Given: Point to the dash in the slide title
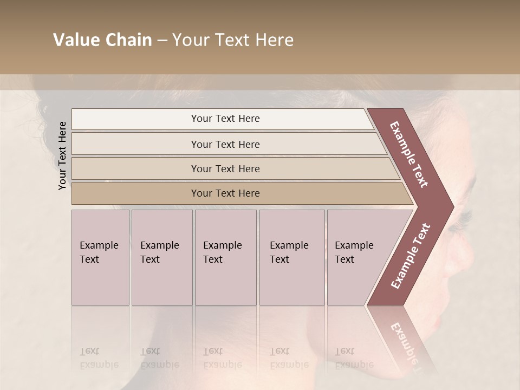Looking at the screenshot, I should click(x=162, y=41).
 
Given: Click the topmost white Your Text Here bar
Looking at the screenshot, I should click(x=225, y=119).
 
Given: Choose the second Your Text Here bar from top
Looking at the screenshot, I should click(x=225, y=144).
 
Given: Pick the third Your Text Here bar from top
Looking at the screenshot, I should click(x=225, y=168).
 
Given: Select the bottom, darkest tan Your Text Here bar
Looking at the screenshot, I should click(x=225, y=193).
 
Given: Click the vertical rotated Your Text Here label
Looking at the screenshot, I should click(x=62, y=155).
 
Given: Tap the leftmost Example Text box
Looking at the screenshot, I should click(x=100, y=257).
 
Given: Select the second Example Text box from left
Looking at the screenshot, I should click(x=161, y=257).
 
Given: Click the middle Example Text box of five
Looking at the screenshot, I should click(x=225, y=257).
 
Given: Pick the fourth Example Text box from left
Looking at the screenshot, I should click(x=291, y=257).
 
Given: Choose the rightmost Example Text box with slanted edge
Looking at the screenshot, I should click(x=357, y=257).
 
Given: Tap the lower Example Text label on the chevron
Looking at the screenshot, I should click(x=411, y=256).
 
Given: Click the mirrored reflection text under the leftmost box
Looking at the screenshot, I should click(x=99, y=358).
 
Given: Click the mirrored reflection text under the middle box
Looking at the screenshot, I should click(x=222, y=358).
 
